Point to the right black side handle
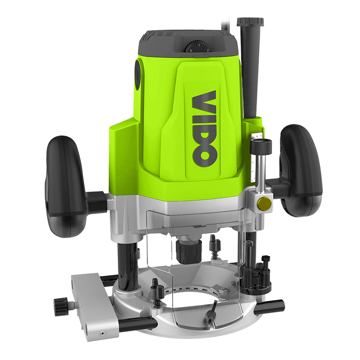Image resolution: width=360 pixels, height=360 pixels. tap(301, 171)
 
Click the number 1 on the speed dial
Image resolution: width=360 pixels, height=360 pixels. tap(199, 45)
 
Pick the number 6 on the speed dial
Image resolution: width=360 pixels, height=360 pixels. tap(191, 51)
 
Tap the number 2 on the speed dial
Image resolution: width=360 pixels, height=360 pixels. tap(208, 50)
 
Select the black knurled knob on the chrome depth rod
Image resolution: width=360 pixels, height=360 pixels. tap(261, 147)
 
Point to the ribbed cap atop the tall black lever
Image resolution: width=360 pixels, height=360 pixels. tap(250, 22)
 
